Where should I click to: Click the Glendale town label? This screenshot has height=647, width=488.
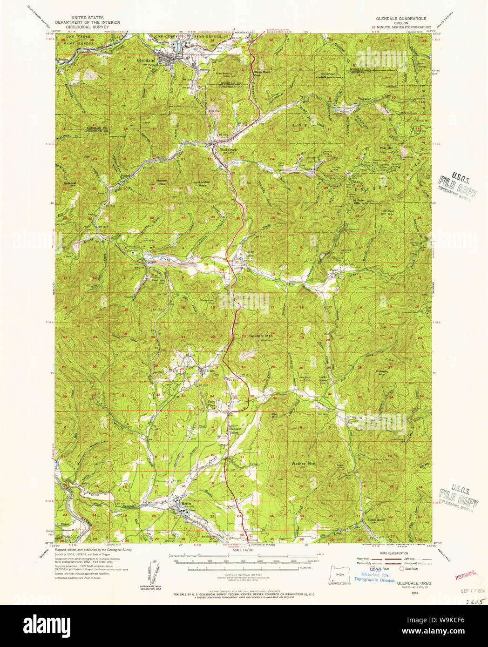(x=144, y=60)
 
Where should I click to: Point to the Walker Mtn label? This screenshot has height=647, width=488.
(x=303, y=464)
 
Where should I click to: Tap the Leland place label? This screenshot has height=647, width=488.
(x=150, y=262)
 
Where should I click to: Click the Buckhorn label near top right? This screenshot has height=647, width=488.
(x=329, y=74)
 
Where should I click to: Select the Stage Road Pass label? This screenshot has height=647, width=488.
(x=262, y=73)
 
